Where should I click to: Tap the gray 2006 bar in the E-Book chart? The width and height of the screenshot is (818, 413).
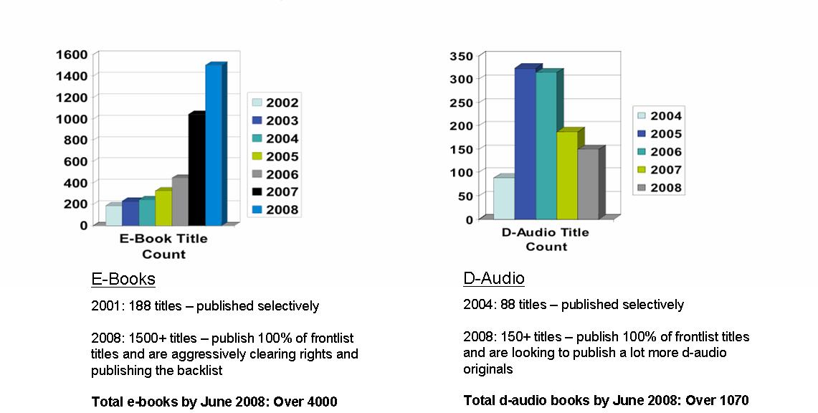pos(179,201)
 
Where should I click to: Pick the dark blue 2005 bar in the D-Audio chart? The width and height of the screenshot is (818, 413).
pos(525,143)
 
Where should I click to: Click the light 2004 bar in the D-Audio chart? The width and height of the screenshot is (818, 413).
pos(503,198)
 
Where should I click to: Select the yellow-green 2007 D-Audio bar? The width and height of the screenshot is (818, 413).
pos(567,175)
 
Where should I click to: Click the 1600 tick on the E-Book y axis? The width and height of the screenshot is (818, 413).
pos(72,54)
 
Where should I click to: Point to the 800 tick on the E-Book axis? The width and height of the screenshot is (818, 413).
pos(76,139)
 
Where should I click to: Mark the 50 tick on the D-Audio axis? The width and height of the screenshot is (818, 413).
pos(467,196)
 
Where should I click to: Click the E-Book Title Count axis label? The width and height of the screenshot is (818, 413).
pos(163,247)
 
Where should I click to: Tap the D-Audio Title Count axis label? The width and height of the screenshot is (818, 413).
pos(546,239)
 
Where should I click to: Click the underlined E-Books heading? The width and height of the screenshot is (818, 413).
pos(123,279)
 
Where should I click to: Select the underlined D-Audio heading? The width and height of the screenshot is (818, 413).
pos(494,278)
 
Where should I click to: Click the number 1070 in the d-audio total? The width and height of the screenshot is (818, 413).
pos(731,400)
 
